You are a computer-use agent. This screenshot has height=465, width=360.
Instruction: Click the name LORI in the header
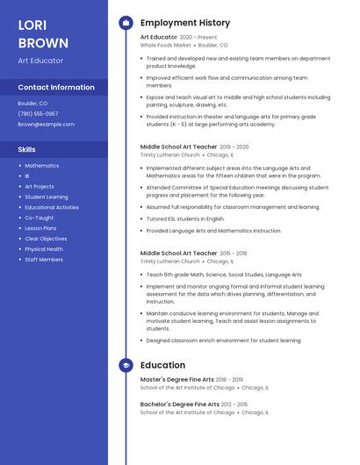[32, 25]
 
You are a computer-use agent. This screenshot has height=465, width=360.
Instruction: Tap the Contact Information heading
[56, 88]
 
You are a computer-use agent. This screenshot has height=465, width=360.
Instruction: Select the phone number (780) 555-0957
[38, 113]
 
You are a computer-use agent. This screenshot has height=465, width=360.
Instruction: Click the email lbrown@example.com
[46, 124]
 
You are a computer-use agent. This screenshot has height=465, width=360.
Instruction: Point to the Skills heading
[26, 149]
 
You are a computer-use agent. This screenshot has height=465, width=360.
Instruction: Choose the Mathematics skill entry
[41, 166]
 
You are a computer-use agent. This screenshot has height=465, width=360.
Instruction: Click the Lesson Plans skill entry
[40, 228]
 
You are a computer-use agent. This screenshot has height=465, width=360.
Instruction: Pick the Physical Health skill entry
[44, 249]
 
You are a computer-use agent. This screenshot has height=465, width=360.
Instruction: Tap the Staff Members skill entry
[44, 260]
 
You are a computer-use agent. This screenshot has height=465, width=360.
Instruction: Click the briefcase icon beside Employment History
[126, 23]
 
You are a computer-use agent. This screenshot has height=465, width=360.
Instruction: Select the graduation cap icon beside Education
[126, 365]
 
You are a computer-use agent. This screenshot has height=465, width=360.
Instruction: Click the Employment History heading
[185, 23]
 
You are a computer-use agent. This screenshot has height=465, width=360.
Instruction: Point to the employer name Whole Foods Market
[165, 45]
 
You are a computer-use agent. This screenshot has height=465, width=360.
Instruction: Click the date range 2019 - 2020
[234, 147]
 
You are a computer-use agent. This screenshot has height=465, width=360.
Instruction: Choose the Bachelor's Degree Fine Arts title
[180, 404]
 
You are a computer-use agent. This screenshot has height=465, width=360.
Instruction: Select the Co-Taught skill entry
[39, 218]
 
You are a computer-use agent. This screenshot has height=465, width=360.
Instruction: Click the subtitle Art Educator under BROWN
[40, 60]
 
